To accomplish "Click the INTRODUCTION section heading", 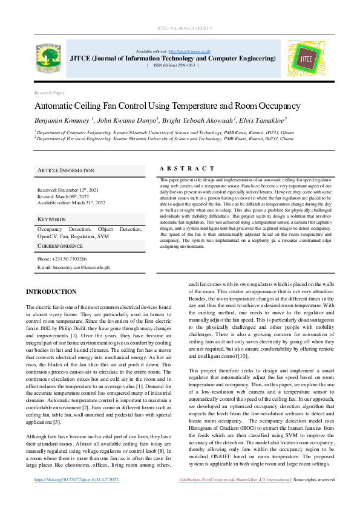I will point(51,292).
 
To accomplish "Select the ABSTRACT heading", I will point(186,169).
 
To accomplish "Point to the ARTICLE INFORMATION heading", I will point(66,171).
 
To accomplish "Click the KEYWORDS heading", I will point(51,219).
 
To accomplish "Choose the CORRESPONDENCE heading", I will point(61,247).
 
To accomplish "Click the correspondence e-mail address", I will point(73,267).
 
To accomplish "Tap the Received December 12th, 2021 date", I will point(68,190).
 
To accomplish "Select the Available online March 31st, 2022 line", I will point(71,203).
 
